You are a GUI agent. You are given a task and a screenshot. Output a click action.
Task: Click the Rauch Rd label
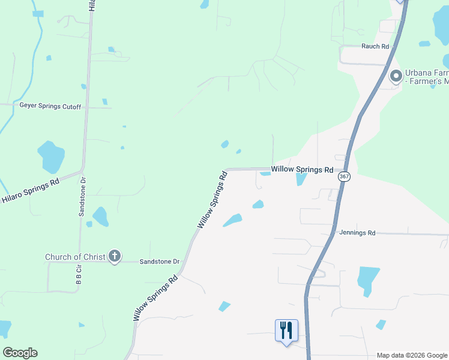click(x=375, y=46)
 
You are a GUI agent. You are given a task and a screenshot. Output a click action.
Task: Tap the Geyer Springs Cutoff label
click(x=50, y=106)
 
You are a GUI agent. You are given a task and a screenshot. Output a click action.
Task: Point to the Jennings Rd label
click(x=357, y=233)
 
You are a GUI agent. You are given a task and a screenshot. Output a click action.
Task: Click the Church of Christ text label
click(x=75, y=257)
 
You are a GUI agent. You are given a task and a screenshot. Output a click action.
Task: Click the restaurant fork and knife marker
click(x=286, y=329)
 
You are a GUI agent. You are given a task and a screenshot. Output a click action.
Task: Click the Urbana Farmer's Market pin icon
click(x=396, y=76)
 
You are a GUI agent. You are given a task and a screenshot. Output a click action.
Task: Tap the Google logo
click(x=20, y=353)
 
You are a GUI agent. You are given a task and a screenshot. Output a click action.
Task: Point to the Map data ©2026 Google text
click(x=412, y=355)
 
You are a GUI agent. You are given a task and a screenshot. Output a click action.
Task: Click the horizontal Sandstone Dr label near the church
click(x=160, y=262)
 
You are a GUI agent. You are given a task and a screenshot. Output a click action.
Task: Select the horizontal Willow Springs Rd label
click(x=302, y=170)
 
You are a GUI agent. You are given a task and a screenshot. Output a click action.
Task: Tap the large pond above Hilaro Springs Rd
click(x=50, y=155)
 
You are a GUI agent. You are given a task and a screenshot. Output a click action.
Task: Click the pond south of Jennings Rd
click(x=368, y=280)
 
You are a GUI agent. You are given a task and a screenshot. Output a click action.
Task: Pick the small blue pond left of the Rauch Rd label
click(x=424, y=44)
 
